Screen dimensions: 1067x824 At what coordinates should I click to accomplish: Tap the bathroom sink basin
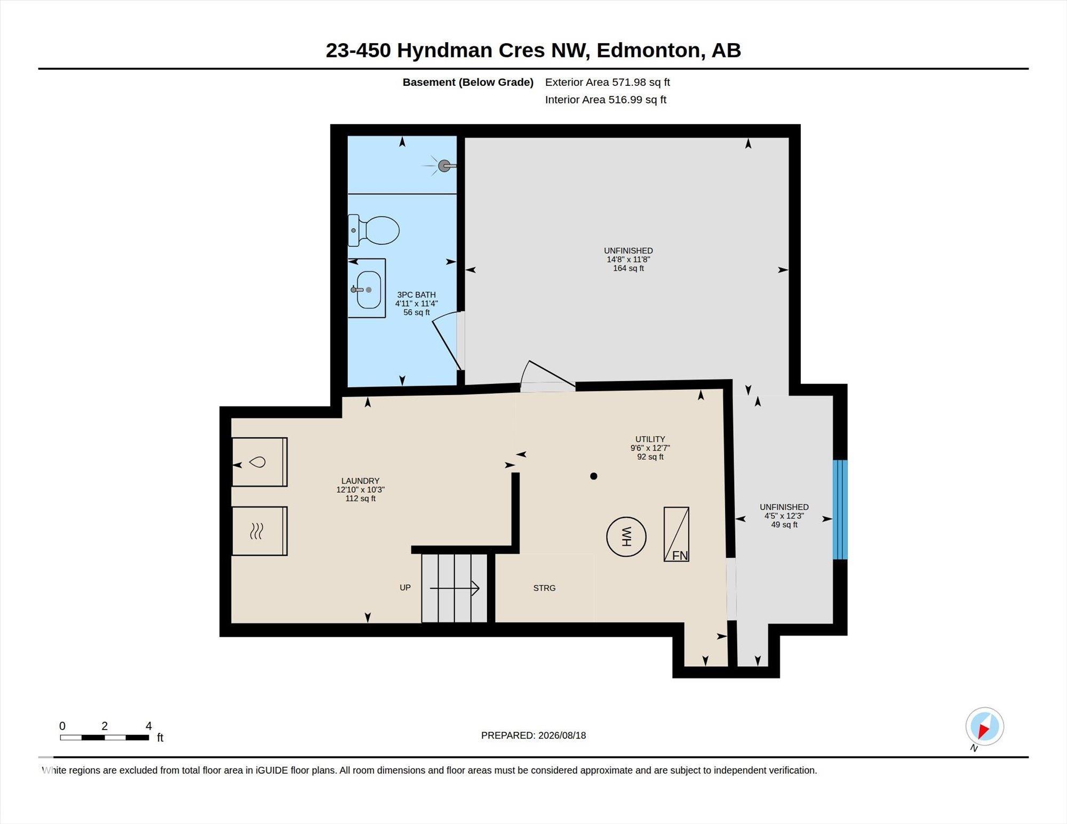click(369, 290)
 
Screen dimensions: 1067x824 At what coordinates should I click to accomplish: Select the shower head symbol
click(443, 166)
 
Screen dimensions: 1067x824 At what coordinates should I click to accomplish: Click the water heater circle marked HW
click(626, 537)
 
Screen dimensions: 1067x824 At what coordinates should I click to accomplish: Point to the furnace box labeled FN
click(676, 534)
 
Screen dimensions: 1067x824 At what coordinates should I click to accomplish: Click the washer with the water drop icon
click(260, 462)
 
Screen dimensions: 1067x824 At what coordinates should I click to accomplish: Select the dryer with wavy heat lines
click(260, 531)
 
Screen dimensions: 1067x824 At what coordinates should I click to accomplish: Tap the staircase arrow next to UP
click(455, 588)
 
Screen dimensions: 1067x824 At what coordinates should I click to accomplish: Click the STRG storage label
click(544, 588)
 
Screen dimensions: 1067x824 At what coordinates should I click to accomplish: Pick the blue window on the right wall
click(840, 509)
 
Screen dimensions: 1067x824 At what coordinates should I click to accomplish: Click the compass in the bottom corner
click(984, 726)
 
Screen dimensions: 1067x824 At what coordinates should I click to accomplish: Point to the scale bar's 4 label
click(149, 726)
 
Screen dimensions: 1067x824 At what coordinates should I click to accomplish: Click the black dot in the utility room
click(594, 476)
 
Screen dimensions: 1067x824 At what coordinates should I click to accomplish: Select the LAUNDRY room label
click(361, 481)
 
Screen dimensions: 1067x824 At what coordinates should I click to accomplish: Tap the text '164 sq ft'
click(628, 268)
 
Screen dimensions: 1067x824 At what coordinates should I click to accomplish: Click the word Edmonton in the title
click(648, 51)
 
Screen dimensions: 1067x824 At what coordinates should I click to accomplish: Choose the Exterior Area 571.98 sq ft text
click(608, 82)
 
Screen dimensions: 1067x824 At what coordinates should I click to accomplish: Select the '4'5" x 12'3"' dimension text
click(784, 516)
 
